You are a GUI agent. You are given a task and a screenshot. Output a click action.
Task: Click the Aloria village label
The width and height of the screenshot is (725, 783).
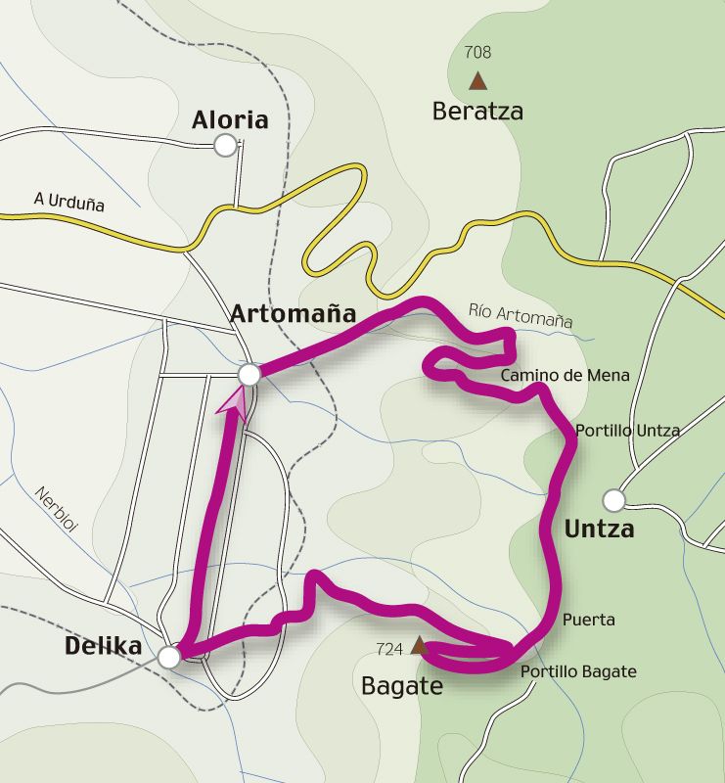pos(230,120)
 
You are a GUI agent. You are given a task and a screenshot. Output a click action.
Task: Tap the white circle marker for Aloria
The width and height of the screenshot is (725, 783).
pos(226,146)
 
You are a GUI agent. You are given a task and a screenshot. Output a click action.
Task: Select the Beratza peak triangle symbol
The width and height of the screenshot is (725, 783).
pos(477,80)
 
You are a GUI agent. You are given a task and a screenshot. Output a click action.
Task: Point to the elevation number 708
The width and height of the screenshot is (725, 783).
pos(478,53)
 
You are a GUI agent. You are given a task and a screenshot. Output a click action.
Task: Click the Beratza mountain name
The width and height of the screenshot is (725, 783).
pos(477,112)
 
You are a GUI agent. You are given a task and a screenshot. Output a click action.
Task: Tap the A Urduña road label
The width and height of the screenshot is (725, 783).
pos(68,202)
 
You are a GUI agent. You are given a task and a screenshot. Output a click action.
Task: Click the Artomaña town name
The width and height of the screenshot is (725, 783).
pos(293,313)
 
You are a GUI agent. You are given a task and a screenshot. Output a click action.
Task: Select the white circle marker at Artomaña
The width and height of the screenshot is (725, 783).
pos(249,374)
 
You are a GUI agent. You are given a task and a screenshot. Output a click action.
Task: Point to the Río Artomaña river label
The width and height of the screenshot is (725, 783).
pos(521,314)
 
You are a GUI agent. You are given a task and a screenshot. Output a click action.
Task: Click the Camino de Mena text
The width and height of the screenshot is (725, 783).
pos(565,375)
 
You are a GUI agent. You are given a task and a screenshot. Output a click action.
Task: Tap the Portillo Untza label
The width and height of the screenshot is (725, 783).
pos(627,430)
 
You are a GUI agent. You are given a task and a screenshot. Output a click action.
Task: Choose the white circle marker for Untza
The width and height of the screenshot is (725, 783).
pos(613,501)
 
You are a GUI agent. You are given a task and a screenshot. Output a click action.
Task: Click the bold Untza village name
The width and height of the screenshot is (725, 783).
pos(600,530)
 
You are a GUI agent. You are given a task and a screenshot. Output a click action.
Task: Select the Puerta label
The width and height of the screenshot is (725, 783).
pos(589,620)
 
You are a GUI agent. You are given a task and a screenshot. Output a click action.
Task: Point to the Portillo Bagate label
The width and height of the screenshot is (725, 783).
pos(578,671)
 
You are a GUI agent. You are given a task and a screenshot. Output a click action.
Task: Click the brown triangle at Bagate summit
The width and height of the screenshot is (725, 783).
pos(419,645)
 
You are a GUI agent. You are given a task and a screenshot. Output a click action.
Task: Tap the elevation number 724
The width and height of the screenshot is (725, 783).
pos(389,648)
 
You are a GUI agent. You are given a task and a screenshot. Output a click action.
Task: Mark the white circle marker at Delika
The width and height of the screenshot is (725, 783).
pos(169,656)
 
